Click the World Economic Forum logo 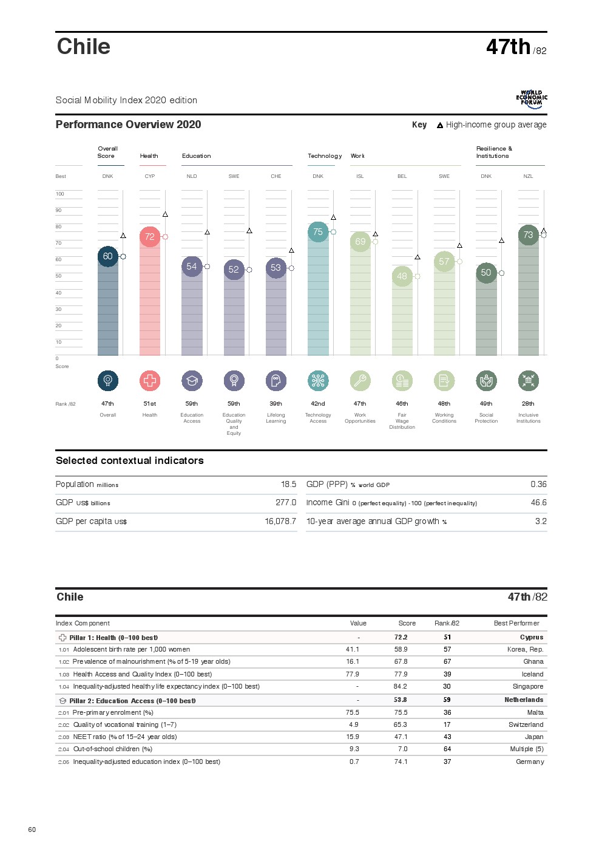532,99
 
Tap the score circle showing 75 318,232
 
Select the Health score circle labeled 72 150,237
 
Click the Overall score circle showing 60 107,256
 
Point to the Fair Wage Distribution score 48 402,276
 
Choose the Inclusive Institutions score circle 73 528,235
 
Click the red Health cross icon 150,381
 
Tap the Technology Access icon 318,381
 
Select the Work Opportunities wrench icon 360,381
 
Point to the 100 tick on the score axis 60,194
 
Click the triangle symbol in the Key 440,125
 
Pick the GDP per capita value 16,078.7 280,521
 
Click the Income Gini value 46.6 538,502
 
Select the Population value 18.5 288,484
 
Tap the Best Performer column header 516,623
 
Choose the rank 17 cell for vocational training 447,724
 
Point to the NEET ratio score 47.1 401,737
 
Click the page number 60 32,830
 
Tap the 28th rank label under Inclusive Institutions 528,403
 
